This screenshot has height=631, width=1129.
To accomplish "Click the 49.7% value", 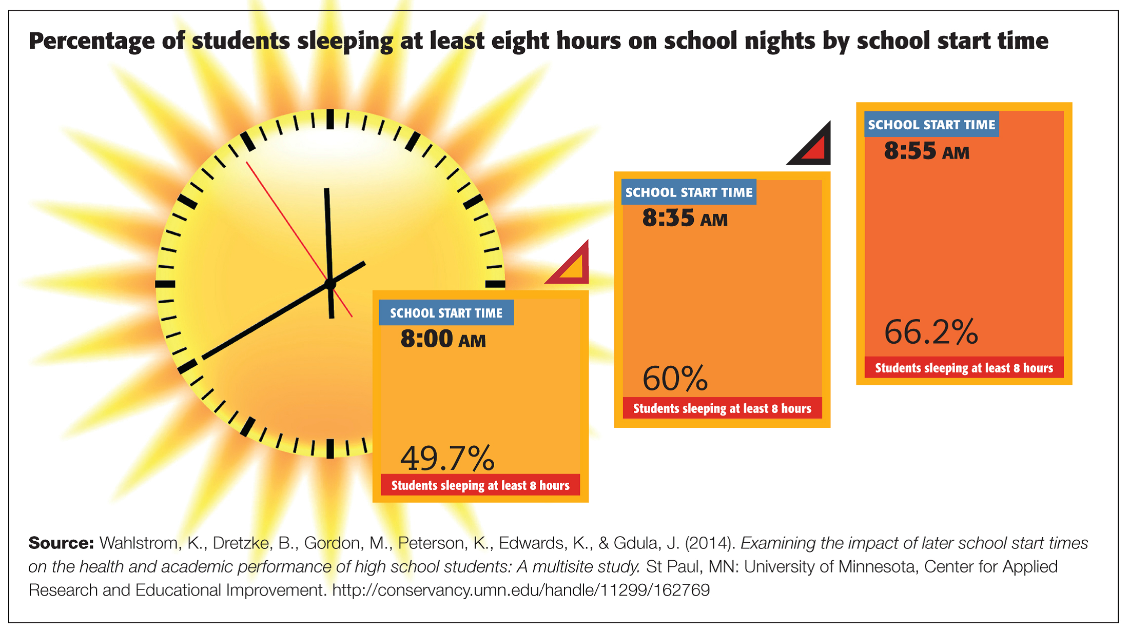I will pyautogui.click(x=447, y=458).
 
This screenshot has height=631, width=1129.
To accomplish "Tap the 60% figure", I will pyautogui.click(x=675, y=379).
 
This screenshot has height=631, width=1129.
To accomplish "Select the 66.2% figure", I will pyautogui.click(x=931, y=332).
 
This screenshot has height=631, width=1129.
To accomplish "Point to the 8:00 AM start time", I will pyautogui.click(x=443, y=339).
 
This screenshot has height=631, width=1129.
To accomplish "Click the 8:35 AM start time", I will pyautogui.click(x=685, y=219).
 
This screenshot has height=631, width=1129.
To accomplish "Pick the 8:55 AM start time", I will pyautogui.click(x=926, y=151).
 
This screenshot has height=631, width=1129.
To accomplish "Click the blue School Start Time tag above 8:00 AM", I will pyautogui.click(x=446, y=313).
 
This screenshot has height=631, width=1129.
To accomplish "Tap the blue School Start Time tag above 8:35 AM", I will pyautogui.click(x=689, y=192).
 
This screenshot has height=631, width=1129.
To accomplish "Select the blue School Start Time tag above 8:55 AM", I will pyautogui.click(x=931, y=125).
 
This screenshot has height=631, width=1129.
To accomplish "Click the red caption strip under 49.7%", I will pyautogui.click(x=480, y=485).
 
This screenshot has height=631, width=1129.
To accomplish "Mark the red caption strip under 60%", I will pyautogui.click(x=722, y=408).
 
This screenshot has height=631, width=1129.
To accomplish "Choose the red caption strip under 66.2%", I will pyautogui.click(x=964, y=368).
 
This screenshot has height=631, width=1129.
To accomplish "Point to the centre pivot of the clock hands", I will pyautogui.click(x=330, y=283).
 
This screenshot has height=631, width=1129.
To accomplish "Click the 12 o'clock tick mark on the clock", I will pyautogui.click(x=330, y=119).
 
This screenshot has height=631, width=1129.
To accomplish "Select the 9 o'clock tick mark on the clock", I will pyautogui.click(x=165, y=284).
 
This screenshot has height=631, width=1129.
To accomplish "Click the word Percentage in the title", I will pyautogui.click(x=91, y=41).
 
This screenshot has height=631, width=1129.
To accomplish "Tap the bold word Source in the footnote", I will pyautogui.click(x=61, y=543).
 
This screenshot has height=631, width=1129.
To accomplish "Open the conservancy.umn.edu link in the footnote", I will pyautogui.click(x=520, y=590).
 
